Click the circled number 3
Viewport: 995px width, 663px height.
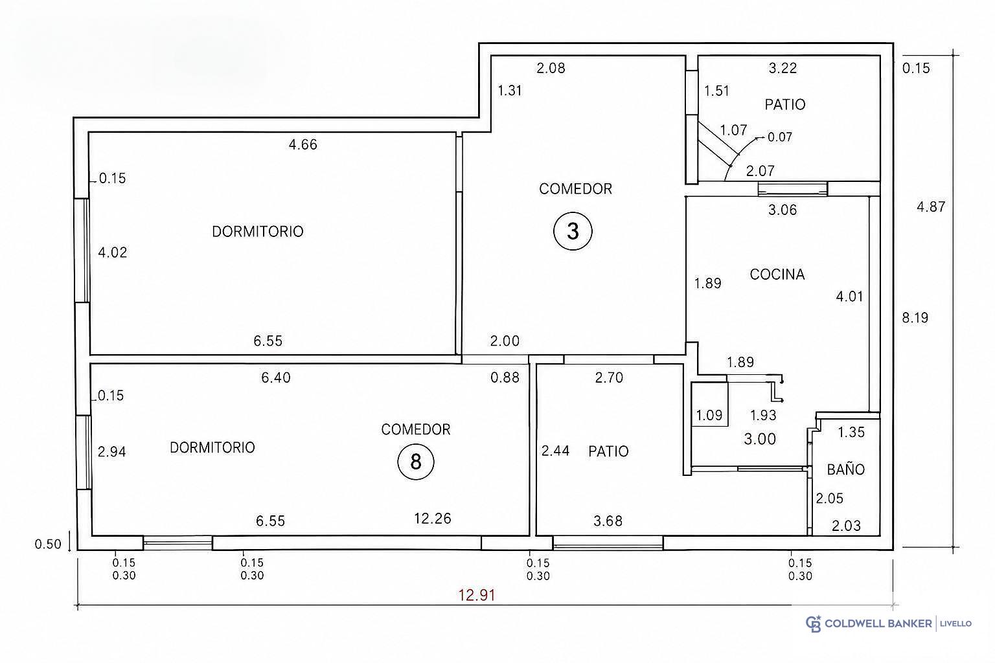tap(573, 231)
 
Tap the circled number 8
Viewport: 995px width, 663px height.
tap(415, 462)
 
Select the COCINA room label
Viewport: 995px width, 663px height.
tap(777, 275)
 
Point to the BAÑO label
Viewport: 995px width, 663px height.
tap(846, 469)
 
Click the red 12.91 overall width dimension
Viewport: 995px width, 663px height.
tap(477, 594)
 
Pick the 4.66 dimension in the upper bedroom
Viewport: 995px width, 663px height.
tap(303, 144)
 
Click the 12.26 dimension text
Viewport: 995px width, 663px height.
tap(433, 518)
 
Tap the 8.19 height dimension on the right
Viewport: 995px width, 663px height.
tap(915, 317)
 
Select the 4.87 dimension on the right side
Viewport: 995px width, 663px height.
tap(931, 207)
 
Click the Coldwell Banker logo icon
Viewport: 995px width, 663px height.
tap(814, 624)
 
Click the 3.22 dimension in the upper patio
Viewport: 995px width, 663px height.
tap(783, 68)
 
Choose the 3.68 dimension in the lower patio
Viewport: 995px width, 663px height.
tap(608, 521)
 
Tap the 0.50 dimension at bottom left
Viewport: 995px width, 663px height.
tap(48, 545)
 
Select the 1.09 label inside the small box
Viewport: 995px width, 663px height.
tap(709, 415)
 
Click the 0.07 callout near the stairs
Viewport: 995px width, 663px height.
tap(780, 137)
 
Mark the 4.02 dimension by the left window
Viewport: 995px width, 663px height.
tap(112, 253)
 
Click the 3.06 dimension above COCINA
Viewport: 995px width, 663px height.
tap(783, 210)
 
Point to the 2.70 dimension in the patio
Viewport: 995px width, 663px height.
tap(609, 377)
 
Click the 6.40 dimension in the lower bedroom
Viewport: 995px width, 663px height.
tap(276, 377)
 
